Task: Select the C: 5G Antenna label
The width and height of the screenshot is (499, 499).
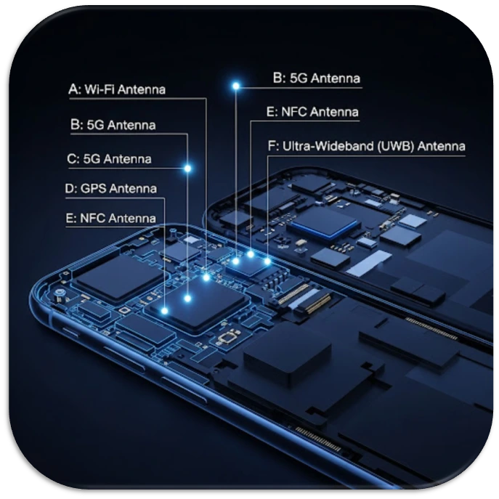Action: click(x=109, y=159)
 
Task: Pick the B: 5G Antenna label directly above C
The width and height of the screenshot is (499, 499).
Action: click(x=113, y=125)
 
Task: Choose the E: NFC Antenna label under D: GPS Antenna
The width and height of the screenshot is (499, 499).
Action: click(x=110, y=218)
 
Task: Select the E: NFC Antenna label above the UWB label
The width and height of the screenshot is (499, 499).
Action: click(x=312, y=112)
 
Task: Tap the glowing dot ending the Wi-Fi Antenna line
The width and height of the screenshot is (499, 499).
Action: click(x=206, y=277)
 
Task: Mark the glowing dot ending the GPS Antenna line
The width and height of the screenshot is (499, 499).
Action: click(x=164, y=310)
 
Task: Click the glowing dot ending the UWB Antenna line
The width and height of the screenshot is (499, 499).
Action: click(x=267, y=260)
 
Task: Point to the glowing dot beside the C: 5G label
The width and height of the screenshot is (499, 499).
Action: click(x=187, y=169)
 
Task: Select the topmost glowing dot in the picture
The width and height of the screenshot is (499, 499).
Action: click(x=235, y=86)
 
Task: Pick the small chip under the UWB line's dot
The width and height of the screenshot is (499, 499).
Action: click(x=251, y=267)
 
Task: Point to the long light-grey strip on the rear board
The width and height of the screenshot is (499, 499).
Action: click(x=368, y=262)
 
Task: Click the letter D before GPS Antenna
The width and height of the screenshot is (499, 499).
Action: click(x=70, y=189)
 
